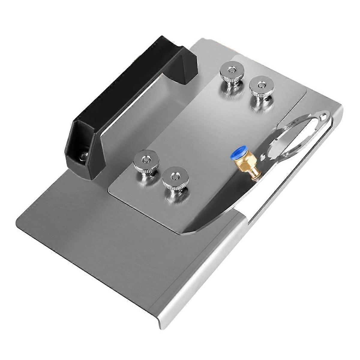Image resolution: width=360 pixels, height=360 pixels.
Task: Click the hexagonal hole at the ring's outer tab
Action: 322,115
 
